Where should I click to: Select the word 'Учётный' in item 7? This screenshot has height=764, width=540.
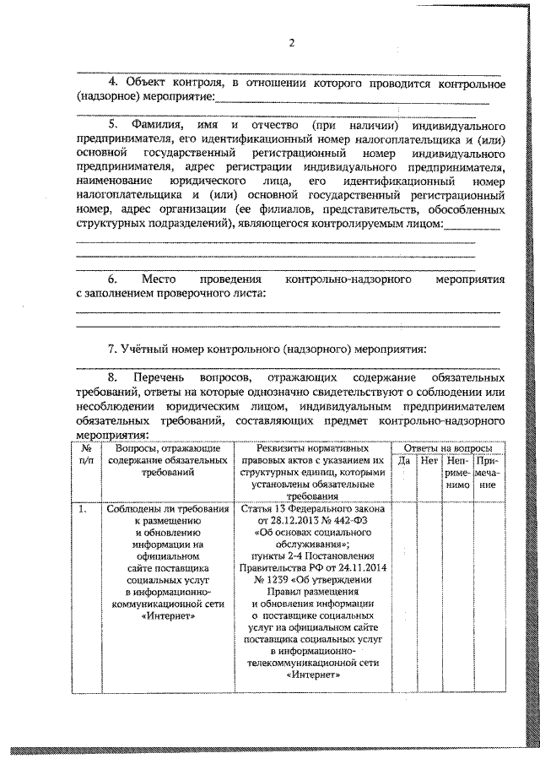pos(149,349)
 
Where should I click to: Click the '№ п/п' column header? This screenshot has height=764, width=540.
pos(87,455)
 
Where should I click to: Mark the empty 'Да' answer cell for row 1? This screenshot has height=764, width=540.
pos(403,591)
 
